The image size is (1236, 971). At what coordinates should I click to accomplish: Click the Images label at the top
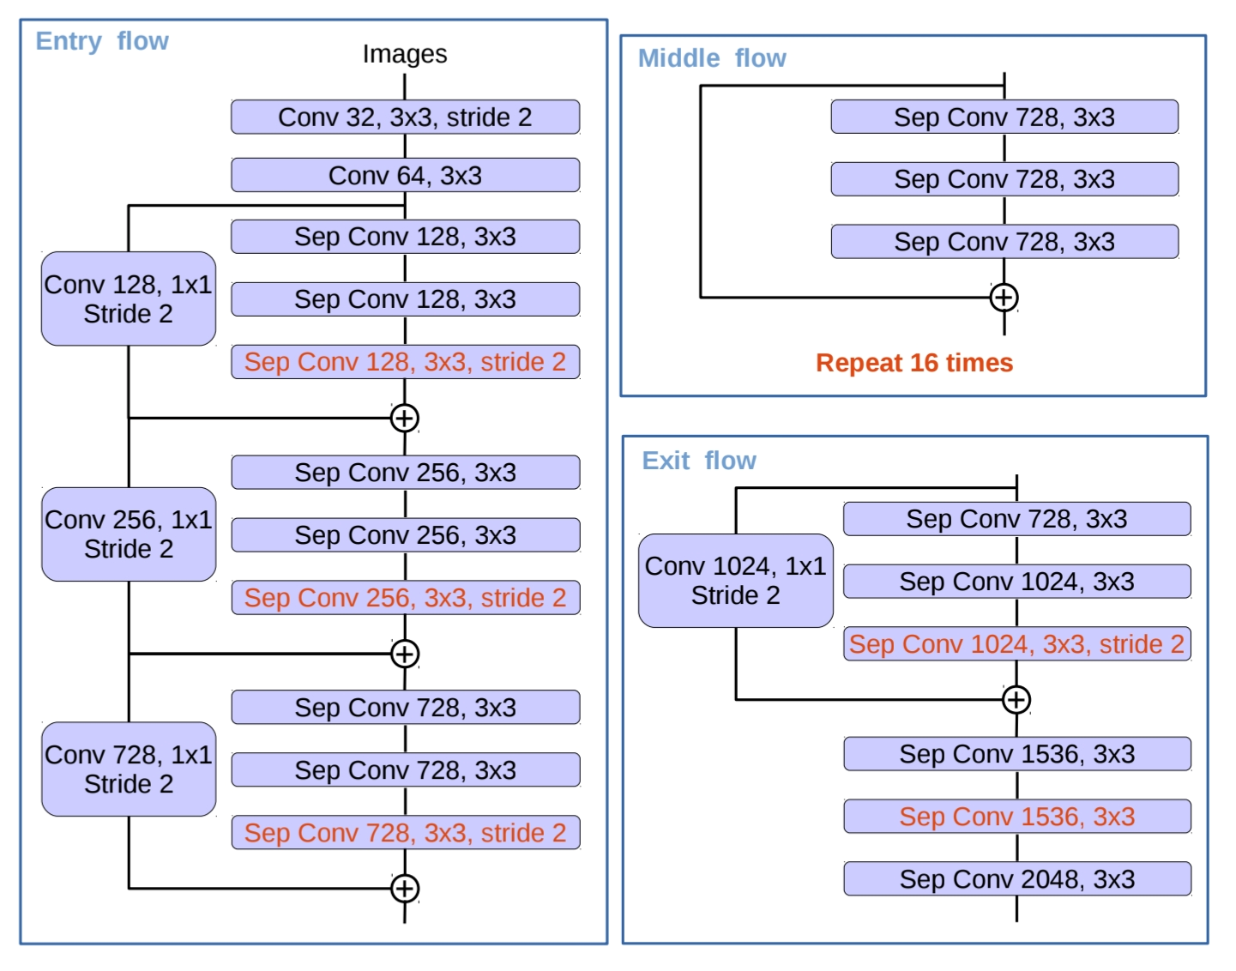[404, 54]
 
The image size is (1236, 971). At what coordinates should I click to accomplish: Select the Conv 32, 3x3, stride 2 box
[405, 118]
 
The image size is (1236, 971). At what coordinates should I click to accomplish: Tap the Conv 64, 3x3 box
[405, 176]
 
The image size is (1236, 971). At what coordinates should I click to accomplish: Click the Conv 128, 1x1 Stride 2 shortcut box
[129, 299]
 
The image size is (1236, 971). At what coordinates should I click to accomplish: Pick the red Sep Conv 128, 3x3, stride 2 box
[405, 362]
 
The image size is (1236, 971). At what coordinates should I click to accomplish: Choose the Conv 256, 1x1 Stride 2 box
[129, 534]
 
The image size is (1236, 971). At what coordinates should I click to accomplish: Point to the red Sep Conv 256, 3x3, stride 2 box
[405, 598]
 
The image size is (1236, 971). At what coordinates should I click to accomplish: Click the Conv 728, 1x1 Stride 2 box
[129, 769]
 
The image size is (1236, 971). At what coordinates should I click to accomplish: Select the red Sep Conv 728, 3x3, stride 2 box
[405, 833]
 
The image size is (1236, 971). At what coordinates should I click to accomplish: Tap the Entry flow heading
[102, 41]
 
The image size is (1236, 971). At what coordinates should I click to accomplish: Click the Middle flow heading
[712, 58]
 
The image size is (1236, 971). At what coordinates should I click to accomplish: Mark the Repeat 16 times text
[914, 363]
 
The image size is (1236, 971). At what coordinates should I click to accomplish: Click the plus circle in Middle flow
[1004, 298]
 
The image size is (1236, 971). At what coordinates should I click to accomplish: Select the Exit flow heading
[699, 461]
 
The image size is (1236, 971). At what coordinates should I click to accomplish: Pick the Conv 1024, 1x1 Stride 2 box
[735, 581]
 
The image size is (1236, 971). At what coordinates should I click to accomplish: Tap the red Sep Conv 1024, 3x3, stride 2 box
[1016, 644]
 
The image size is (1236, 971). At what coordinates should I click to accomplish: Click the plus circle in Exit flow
[1016, 700]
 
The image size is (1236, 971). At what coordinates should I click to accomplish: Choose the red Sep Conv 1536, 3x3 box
[1016, 817]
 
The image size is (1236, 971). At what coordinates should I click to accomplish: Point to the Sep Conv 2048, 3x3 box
[1016, 879]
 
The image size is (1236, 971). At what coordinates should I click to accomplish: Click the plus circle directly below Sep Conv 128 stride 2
[405, 419]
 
